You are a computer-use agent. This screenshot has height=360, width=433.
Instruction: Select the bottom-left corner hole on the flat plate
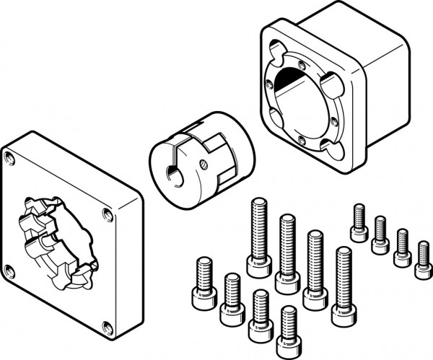click(x=9, y=271)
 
